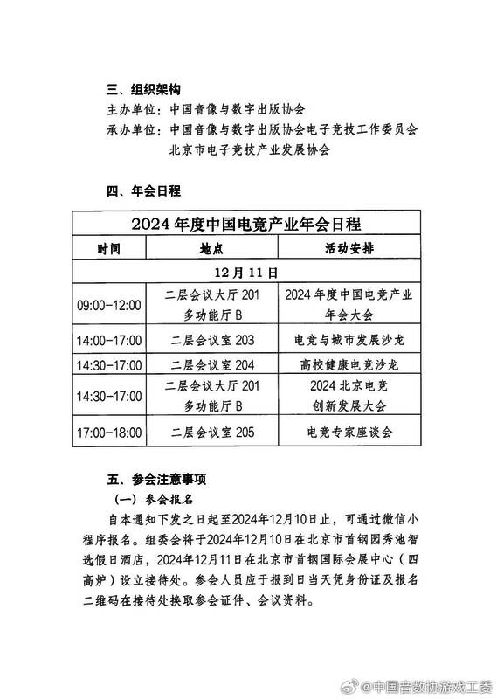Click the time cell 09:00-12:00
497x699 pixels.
click(x=109, y=305)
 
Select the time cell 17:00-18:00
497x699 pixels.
click(x=109, y=432)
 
